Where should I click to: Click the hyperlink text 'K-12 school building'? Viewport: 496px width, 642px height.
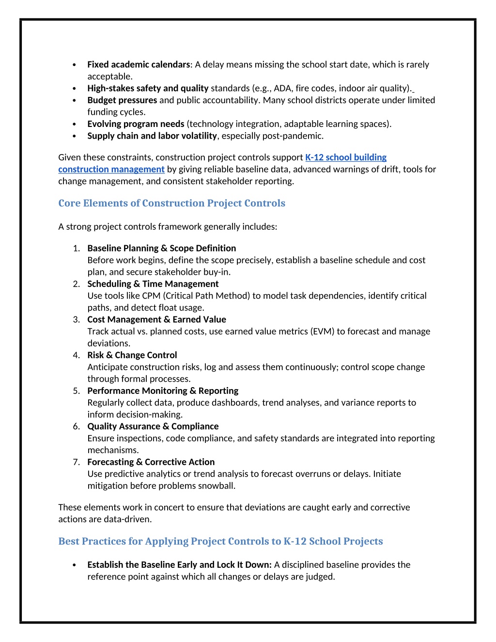pyautogui.click(x=345, y=157)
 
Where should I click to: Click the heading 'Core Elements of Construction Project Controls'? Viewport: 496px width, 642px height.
pyautogui.click(x=171, y=203)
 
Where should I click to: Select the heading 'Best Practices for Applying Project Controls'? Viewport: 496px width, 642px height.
pyautogui.click(x=220, y=541)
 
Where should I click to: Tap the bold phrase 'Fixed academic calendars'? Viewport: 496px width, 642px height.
pyautogui.click(x=139, y=64)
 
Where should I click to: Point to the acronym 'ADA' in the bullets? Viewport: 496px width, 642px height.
pyautogui.click(x=282, y=88)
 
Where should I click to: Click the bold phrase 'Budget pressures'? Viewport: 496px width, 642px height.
pyautogui.click(x=122, y=100)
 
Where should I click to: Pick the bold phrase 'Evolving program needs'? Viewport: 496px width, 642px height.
pyautogui.click(x=136, y=124)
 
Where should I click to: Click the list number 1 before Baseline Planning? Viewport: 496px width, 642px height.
pyautogui.click(x=76, y=249)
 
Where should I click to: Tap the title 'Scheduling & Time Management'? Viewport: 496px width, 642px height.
pyautogui.click(x=153, y=284)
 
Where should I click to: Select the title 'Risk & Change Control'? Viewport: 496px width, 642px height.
pyautogui.click(x=132, y=355)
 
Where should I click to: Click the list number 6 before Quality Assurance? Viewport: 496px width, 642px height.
pyautogui.click(x=76, y=426)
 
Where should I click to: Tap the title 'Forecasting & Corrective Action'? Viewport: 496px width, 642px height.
pyautogui.click(x=151, y=462)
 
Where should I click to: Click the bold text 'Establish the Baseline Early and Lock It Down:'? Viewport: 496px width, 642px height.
pyautogui.click(x=179, y=565)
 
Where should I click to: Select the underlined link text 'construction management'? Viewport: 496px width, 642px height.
pyautogui.click(x=111, y=170)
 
